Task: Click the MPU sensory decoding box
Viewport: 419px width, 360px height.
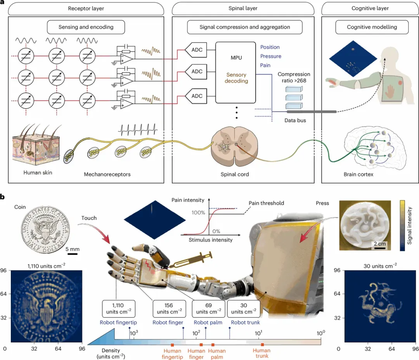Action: (x=235, y=73)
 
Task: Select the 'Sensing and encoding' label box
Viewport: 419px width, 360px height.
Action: (x=86, y=27)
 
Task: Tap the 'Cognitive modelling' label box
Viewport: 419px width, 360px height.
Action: (x=372, y=27)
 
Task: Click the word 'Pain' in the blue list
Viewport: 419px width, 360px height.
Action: (x=265, y=65)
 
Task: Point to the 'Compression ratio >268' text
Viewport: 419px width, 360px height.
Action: (x=294, y=77)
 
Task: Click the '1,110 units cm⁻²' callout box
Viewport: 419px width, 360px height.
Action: (x=118, y=309)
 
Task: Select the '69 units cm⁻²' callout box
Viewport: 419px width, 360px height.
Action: (x=208, y=309)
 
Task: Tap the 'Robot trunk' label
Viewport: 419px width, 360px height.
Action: (x=245, y=322)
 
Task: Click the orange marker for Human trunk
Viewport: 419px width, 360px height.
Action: (x=262, y=345)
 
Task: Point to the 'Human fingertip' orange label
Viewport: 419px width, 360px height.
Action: (x=172, y=354)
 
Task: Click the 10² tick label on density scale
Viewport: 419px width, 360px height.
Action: (x=196, y=333)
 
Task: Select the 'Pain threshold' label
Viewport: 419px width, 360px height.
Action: (x=266, y=203)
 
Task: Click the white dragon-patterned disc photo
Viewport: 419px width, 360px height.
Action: (x=365, y=225)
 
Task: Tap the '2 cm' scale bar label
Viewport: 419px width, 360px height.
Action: (x=379, y=244)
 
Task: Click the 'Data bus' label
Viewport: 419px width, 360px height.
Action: (x=295, y=120)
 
